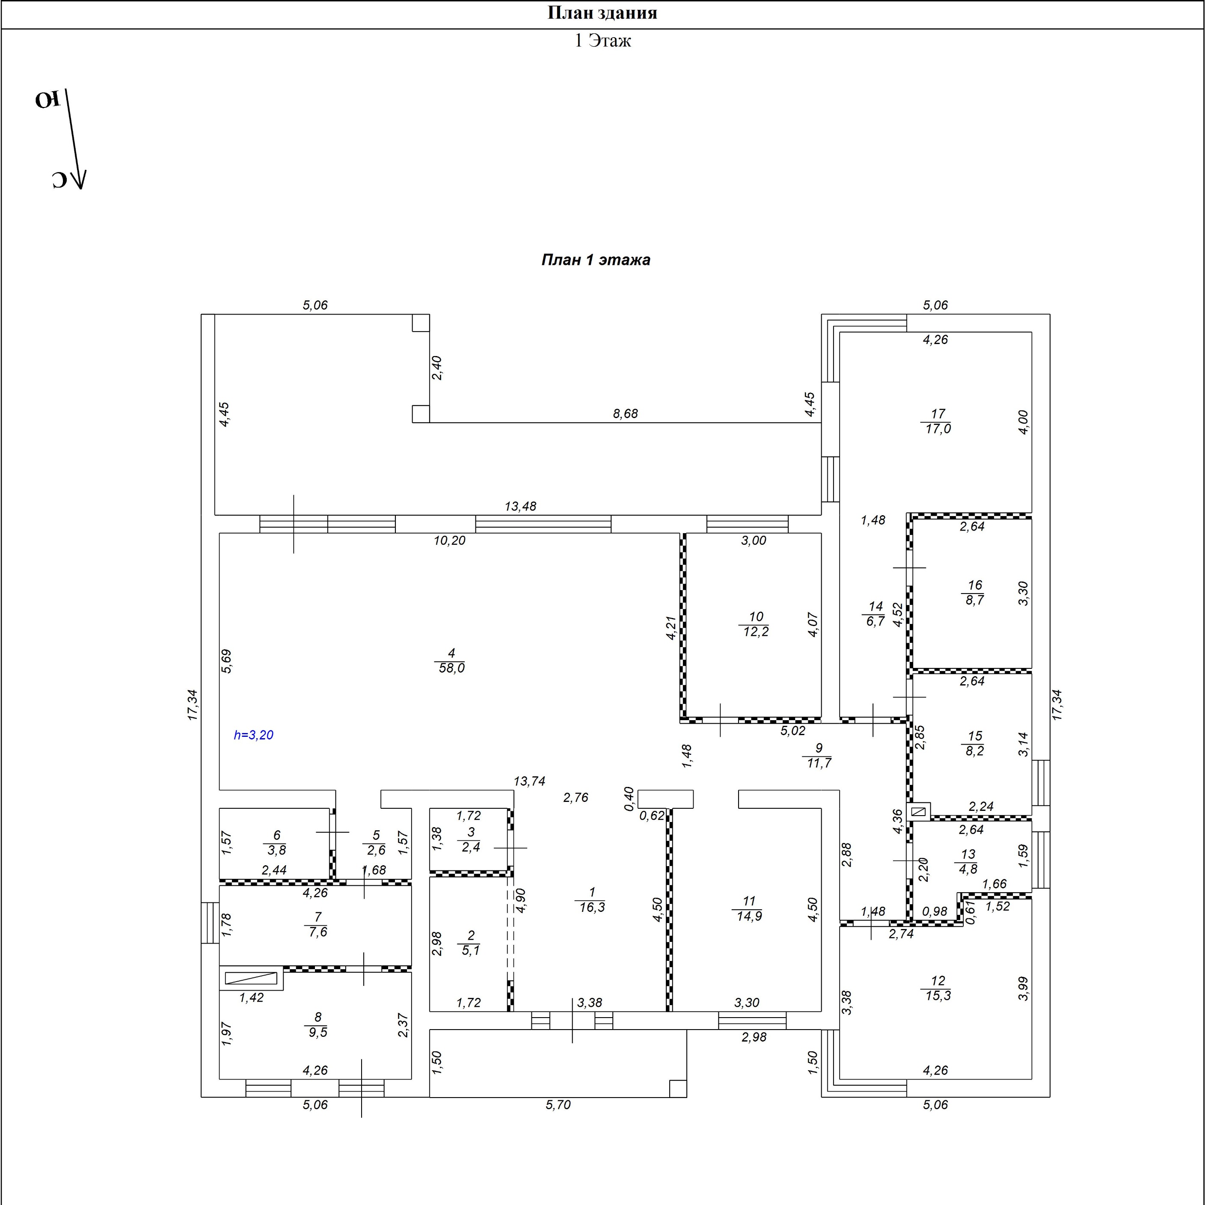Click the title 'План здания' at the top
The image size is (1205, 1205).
click(x=602, y=13)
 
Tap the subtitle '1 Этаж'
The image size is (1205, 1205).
click(x=602, y=41)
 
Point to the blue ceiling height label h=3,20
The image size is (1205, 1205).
click(x=253, y=735)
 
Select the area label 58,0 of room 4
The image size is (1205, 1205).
click(x=451, y=668)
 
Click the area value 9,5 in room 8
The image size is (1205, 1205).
click(x=318, y=1032)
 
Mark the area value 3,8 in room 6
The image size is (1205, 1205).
click(x=276, y=850)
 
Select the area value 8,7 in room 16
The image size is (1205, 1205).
click(x=974, y=600)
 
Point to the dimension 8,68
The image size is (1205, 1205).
click(x=626, y=413)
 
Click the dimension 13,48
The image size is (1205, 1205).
click(x=520, y=507)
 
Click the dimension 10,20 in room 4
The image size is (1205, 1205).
click(x=450, y=541)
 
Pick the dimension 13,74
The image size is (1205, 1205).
click(x=529, y=781)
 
